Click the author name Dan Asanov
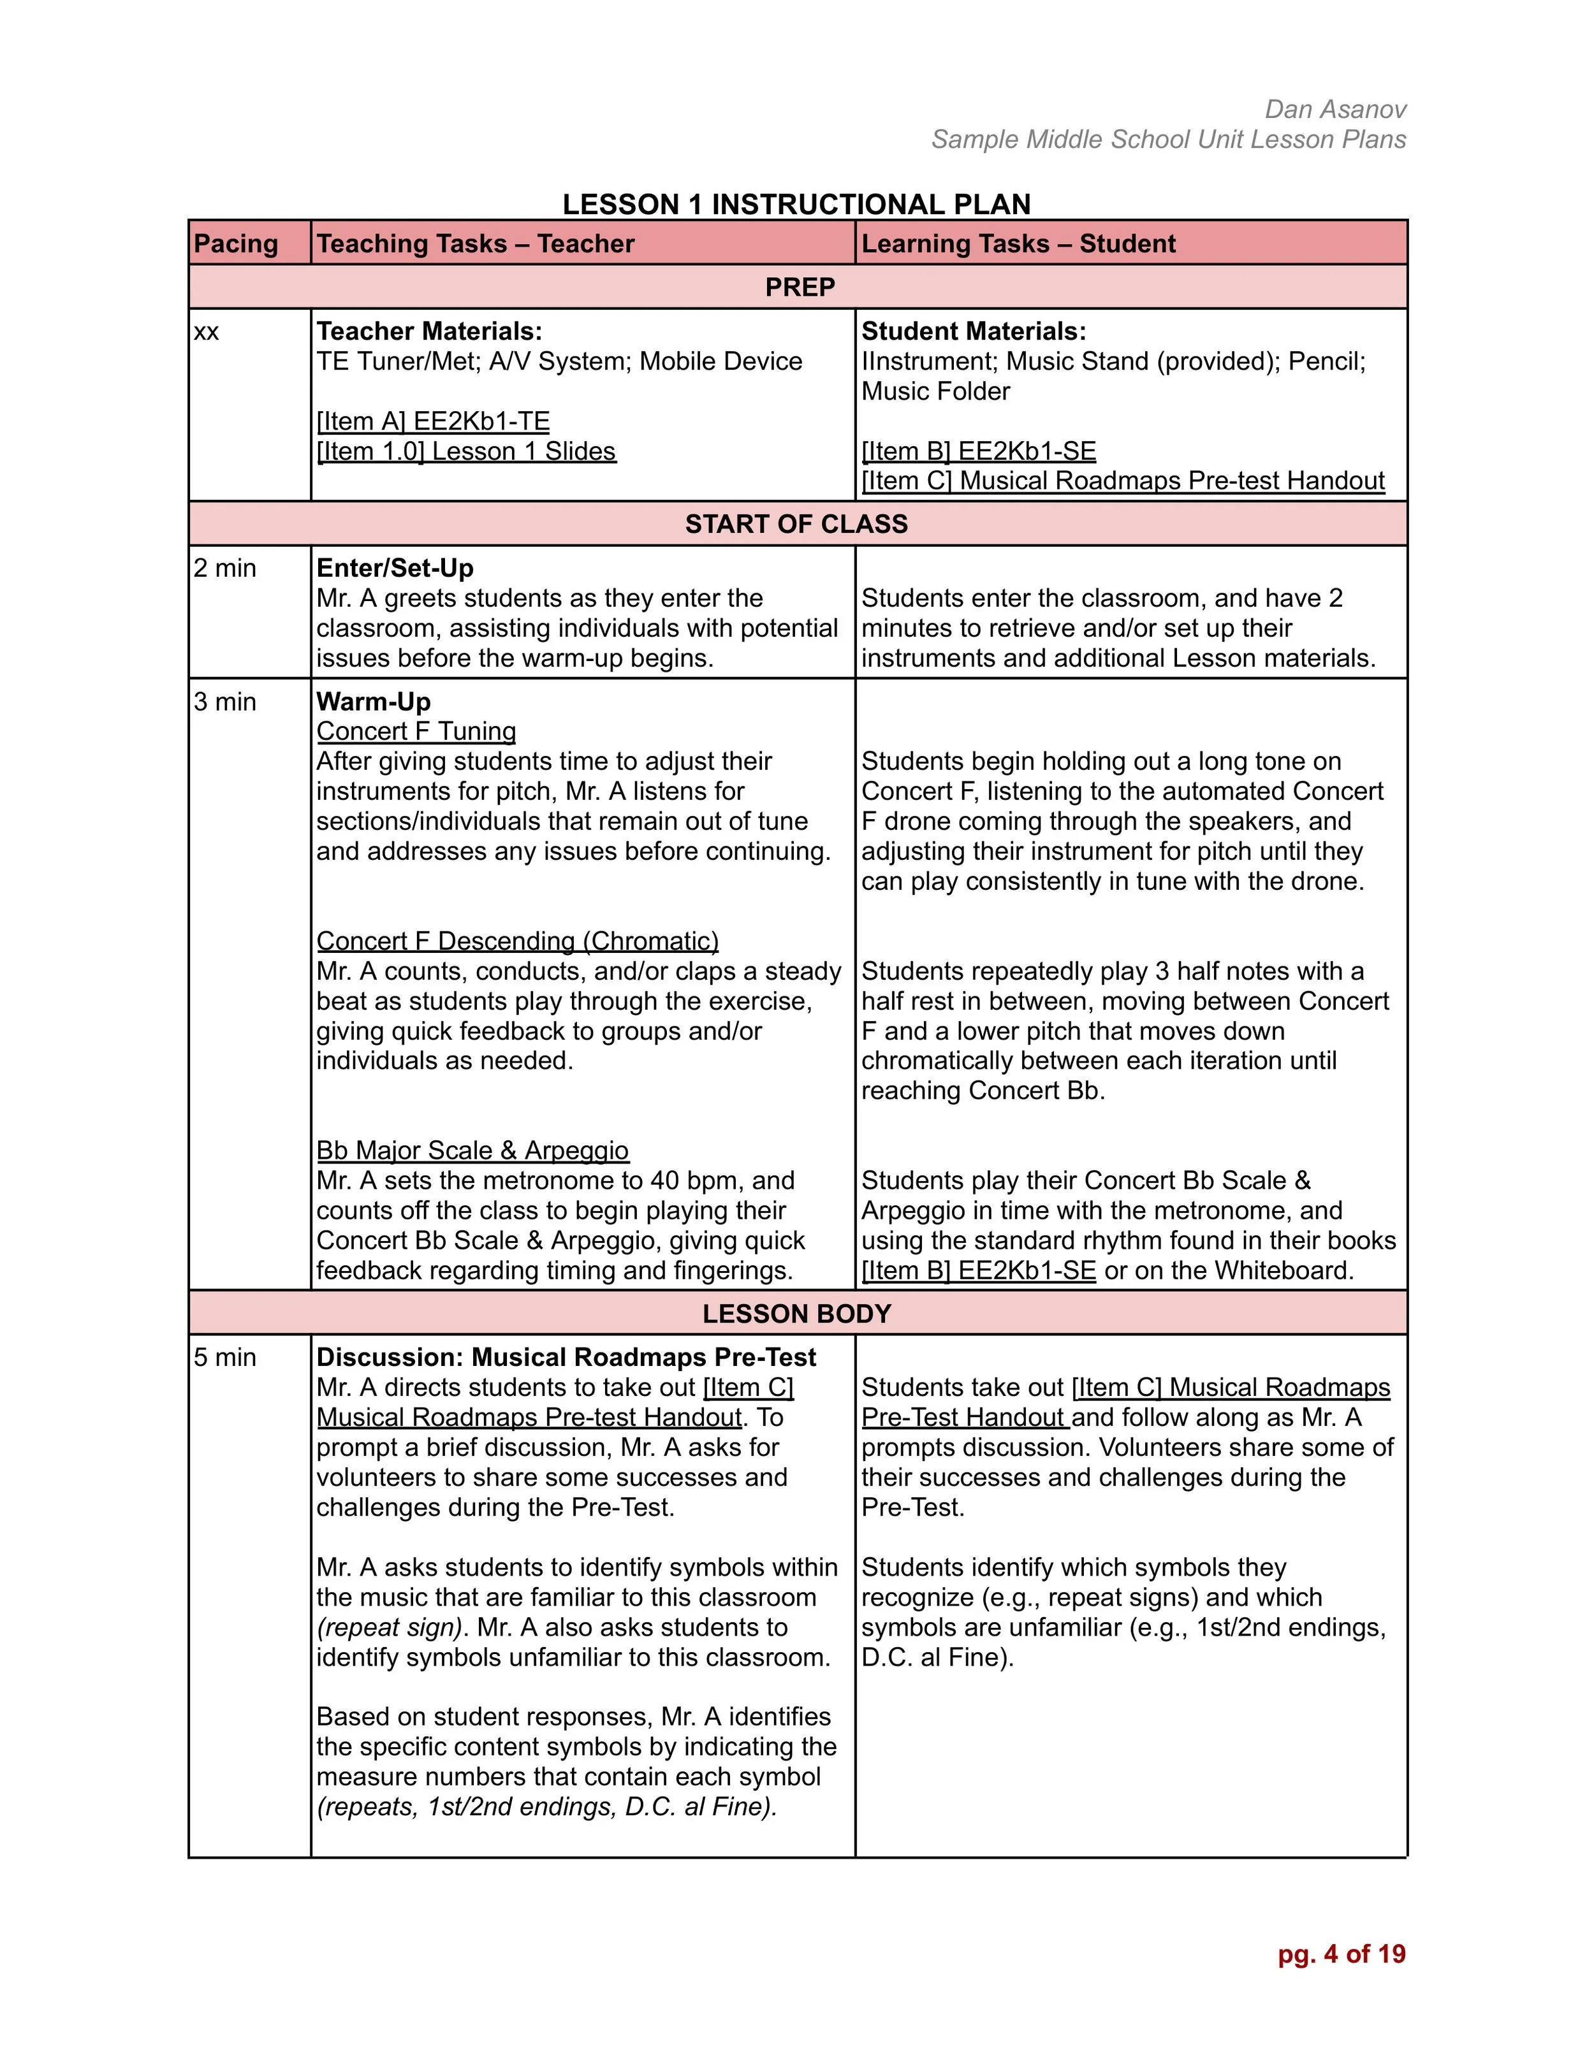(x=1335, y=110)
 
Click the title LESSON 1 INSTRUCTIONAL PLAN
(x=796, y=204)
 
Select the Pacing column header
(x=236, y=243)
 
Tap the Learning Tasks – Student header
(x=1018, y=243)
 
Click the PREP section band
(x=799, y=287)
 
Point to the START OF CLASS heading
(x=796, y=524)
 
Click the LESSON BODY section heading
(x=796, y=1313)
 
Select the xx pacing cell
(x=207, y=331)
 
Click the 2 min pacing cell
(x=224, y=569)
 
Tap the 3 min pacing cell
(x=224, y=702)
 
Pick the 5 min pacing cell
(x=224, y=1357)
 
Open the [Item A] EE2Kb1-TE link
(x=432, y=421)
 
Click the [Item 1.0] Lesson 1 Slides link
(x=465, y=451)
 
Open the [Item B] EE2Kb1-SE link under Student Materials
(x=978, y=451)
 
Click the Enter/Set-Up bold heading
(x=395, y=569)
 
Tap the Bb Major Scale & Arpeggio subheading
(x=472, y=1150)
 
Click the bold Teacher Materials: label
(x=430, y=331)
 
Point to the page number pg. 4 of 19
(x=1341, y=1954)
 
